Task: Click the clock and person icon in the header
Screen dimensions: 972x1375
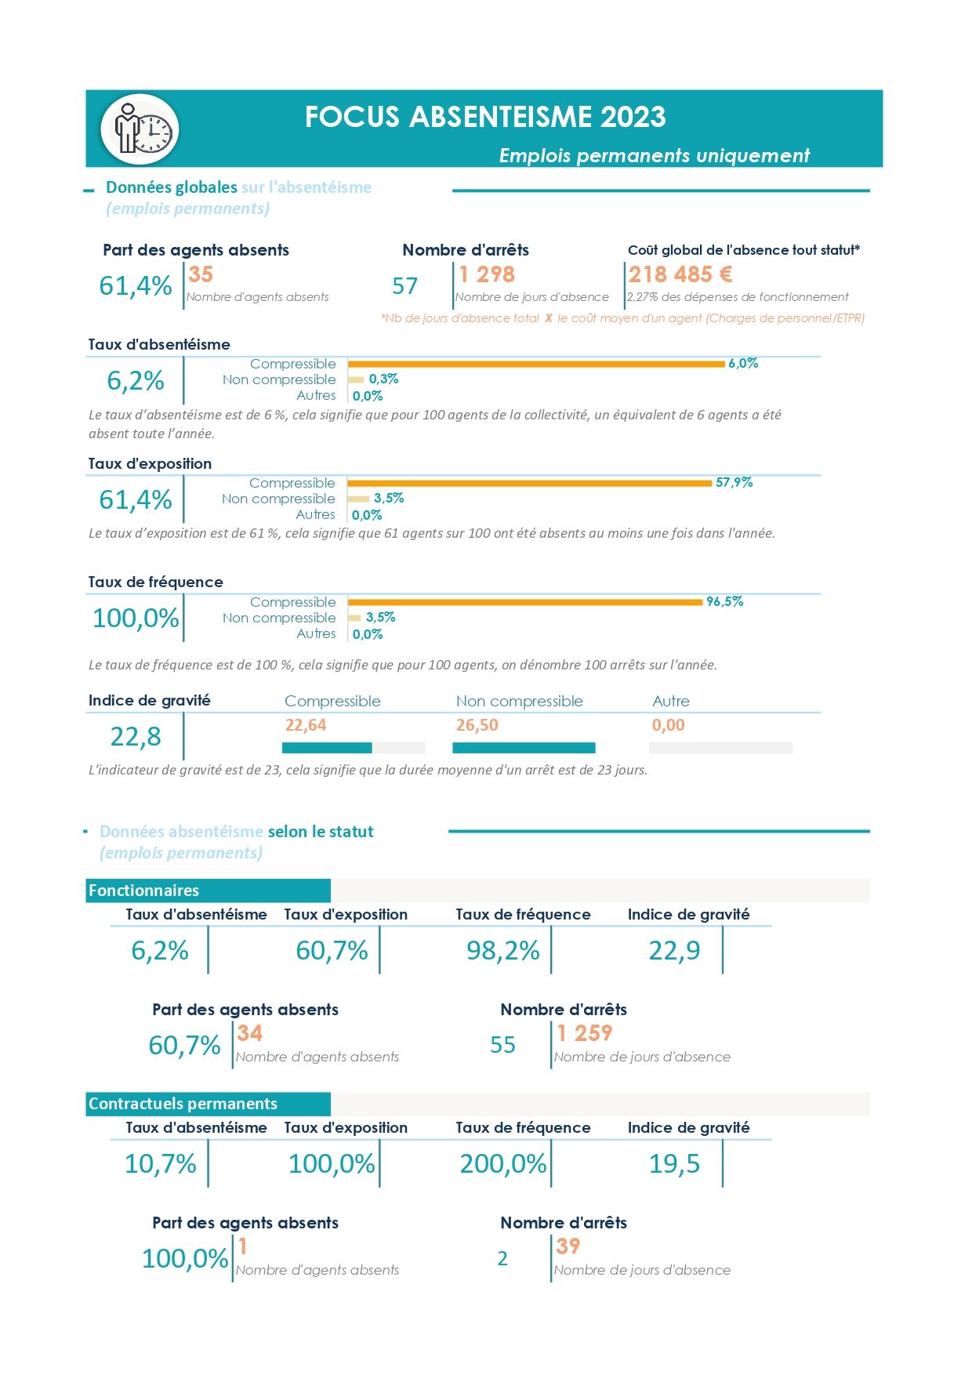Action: tap(140, 129)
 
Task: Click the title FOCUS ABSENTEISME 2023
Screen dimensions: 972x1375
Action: tap(485, 117)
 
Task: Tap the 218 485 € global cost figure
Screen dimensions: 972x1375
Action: tap(680, 274)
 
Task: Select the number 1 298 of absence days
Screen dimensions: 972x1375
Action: tap(487, 274)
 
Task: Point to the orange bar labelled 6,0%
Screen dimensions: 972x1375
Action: tap(536, 364)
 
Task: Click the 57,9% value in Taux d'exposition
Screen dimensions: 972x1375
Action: tap(734, 482)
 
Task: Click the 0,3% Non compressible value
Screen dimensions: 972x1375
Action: tap(383, 379)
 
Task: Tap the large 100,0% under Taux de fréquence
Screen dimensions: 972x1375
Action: tap(136, 618)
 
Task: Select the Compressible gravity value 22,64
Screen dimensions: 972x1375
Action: tap(306, 725)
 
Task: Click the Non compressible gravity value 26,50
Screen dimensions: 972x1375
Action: tap(477, 725)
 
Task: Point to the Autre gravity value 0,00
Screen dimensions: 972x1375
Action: tap(669, 725)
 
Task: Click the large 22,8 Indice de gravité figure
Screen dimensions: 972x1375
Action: tap(136, 737)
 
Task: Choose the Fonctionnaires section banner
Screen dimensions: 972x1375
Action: tap(208, 891)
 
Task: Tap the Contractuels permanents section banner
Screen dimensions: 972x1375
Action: tap(208, 1104)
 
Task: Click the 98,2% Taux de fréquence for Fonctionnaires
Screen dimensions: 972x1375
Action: tap(503, 951)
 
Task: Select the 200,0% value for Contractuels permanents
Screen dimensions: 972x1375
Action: tap(503, 1164)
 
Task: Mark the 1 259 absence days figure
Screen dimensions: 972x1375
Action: tap(585, 1033)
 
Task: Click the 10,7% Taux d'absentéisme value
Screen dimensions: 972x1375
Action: tap(161, 1164)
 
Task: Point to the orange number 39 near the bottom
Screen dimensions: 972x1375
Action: tap(568, 1246)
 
